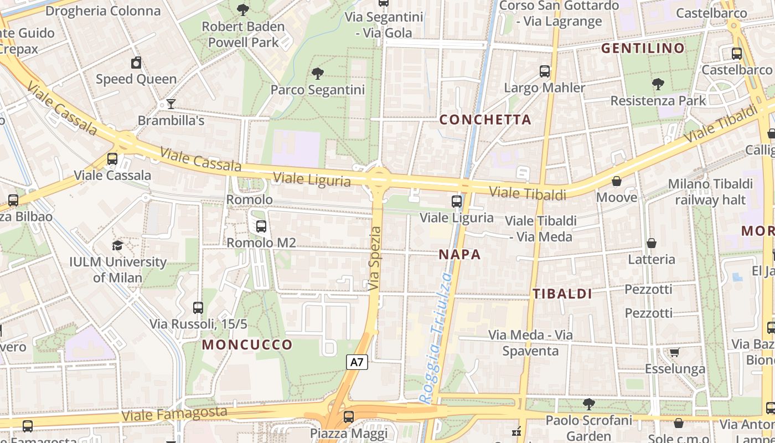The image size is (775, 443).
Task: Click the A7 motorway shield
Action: coord(357,363)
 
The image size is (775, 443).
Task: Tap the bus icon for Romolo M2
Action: coord(261,226)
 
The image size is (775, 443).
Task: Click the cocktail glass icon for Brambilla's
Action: coord(171,104)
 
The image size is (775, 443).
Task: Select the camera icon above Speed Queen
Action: coord(136,63)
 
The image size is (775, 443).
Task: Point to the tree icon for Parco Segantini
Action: coord(318,73)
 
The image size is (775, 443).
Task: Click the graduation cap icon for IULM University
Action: coord(117,245)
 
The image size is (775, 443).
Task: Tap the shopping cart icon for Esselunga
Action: coord(674,352)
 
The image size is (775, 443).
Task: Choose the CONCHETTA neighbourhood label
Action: coord(485,120)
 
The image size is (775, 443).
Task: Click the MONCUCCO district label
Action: coord(247,344)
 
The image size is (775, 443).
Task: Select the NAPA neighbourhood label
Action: coord(459,255)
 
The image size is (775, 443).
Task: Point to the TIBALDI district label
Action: coord(562,294)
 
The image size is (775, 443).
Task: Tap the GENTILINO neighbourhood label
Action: coord(643,48)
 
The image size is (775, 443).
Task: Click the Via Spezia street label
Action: coord(375,258)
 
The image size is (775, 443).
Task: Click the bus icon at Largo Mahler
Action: coord(545,71)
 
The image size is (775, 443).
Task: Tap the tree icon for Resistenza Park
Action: coord(658,84)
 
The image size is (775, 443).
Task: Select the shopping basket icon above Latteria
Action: coord(652,243)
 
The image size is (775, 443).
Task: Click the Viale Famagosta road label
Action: coord(174,414)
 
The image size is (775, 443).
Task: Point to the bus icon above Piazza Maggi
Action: coord(348,416)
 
